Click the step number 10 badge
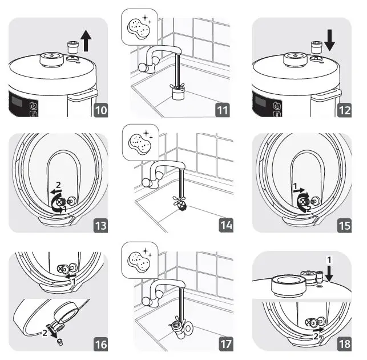click(x=101, y=110)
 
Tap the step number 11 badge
click(x=223, y=110)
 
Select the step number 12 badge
click(x=344, y=110)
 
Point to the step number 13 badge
click(x=101, y=226)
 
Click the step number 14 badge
click(x=226, y=226)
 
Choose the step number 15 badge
click(x=344, y=226)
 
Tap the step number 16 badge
click(x=101, y=344)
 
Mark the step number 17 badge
click(x=226, y=344)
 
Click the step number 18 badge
click(x=344, y=344)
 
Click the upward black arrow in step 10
click(x=86, y=41)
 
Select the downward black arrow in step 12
click(x=330, y=40)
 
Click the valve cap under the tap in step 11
click(x=178, y=93)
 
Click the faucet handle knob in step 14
click(x=147, y=182)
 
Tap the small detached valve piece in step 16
click(x=60, y=342)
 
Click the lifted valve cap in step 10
click(x=72, y=47)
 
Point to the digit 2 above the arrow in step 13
click(x=58, y=185)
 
